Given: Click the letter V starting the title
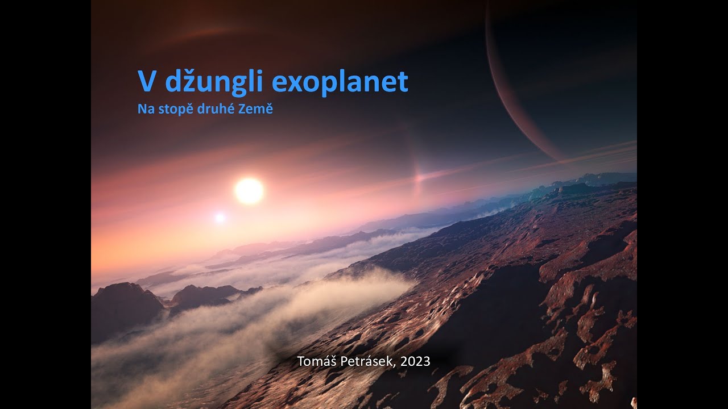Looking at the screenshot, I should [x=147, y=82].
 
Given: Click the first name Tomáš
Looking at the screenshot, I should [x=316, y=361].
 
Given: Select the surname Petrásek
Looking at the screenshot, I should [x=366, y=361].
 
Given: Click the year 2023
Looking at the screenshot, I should [x=415, y=361].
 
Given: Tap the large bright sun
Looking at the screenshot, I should [x=249, y=191].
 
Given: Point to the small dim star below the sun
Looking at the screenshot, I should [x=220, y=218].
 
